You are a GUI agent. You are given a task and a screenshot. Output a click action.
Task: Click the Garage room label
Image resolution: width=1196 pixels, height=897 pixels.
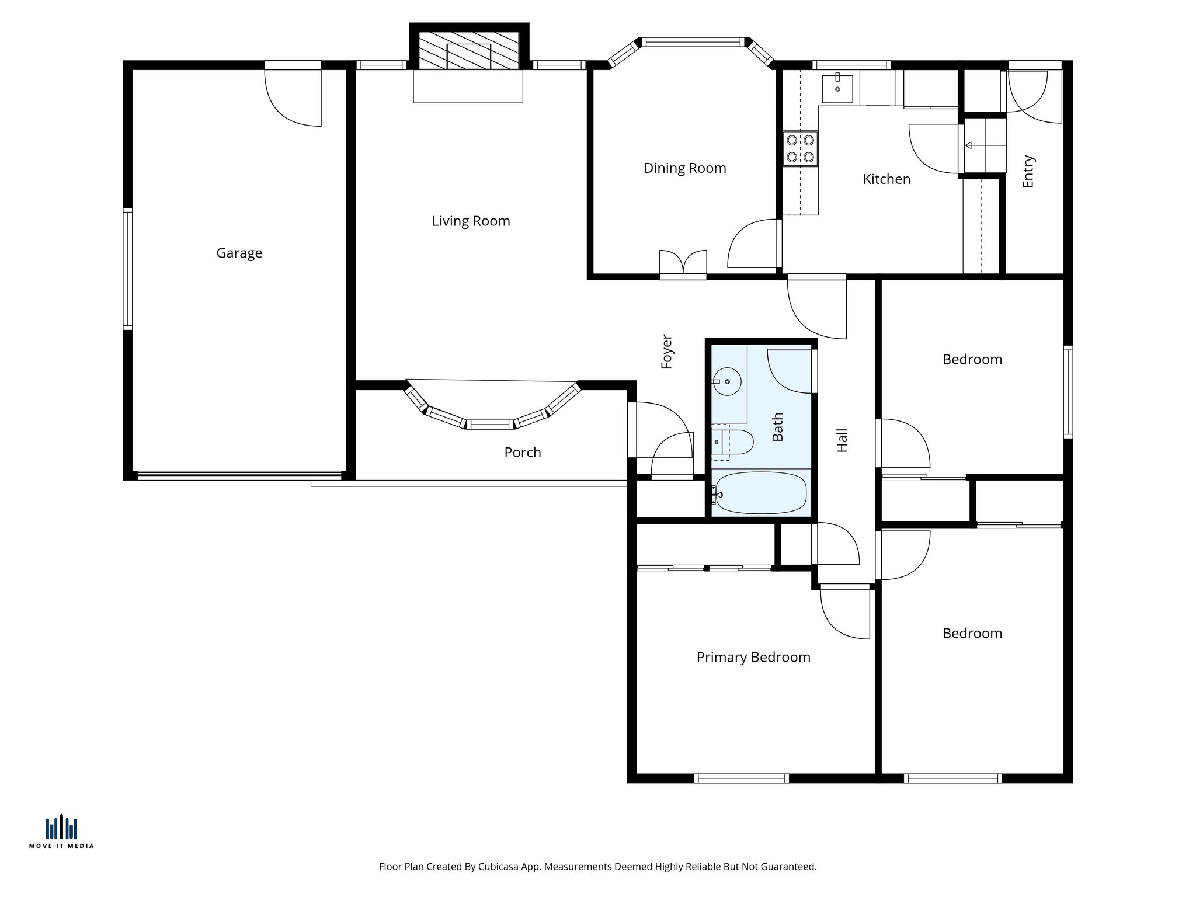[x=239, y=253]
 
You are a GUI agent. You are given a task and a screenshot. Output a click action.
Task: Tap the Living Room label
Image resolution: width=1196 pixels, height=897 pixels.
[x=471, y=221]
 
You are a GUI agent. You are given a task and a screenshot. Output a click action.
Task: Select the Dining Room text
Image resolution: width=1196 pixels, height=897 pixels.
[x=684, y=168]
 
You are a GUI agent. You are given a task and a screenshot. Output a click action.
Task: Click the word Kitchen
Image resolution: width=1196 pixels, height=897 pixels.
[x=886, y=179]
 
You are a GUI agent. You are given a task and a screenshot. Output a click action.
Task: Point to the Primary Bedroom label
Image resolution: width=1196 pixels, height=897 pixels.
[x=753, y=657]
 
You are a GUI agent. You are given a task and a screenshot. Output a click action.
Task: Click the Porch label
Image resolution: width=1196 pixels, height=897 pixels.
[x=522, y=452]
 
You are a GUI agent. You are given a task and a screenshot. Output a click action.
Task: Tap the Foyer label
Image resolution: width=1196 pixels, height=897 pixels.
[x=667, y=352]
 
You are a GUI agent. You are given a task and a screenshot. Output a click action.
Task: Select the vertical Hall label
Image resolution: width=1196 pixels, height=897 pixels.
[x=842, y=440]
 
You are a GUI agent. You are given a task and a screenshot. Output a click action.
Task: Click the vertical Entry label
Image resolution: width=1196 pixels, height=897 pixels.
[x=1028, y=171]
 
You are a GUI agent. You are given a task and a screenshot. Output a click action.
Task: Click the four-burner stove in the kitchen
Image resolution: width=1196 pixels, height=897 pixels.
[x=800, y=148]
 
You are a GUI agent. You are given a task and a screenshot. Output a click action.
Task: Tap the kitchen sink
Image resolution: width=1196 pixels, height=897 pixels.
[x=837, y=88]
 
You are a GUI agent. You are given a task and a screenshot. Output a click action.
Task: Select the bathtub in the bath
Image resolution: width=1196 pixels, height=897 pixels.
[x=760, y=493]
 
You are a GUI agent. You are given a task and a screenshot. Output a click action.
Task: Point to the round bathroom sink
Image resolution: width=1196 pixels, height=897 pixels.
[x=728, y=381]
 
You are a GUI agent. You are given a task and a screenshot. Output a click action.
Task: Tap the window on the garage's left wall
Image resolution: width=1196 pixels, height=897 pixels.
[x=127, y=269]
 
